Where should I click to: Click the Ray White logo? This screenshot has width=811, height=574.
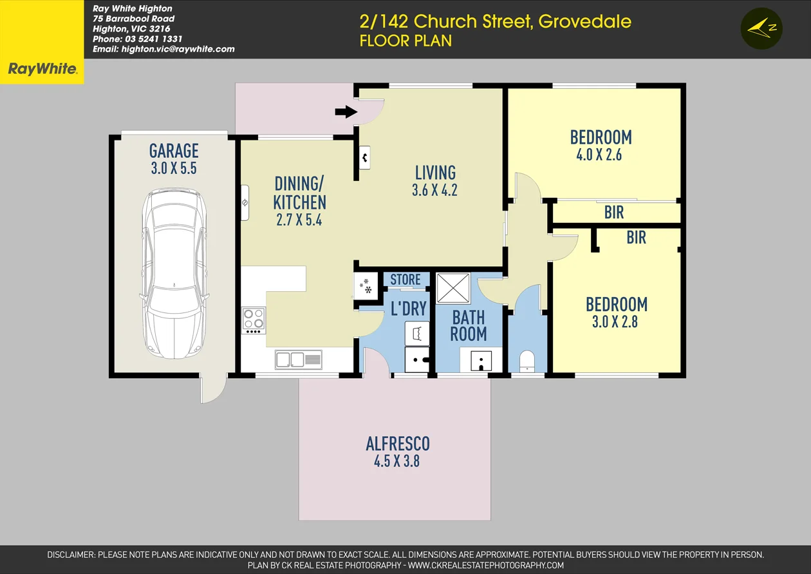point(42,68)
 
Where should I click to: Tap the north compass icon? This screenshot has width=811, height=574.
point(761,28)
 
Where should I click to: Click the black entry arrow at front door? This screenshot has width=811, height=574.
point(346,112)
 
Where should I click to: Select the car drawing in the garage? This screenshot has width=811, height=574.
point(174,274)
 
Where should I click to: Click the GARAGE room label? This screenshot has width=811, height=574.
point(174,151)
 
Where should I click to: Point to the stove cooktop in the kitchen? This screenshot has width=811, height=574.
point(254,319)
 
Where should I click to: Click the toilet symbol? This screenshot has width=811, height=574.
point(527,361)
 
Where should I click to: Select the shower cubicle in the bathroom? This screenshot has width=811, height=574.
point(453,288)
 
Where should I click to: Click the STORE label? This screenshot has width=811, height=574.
point(405,280)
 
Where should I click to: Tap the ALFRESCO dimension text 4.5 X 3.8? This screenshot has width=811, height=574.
point(397,461)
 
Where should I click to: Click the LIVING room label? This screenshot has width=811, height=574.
point(435,173)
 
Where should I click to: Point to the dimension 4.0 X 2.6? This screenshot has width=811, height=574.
point(600,155)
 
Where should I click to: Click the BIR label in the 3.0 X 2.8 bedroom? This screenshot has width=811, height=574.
point(636,238)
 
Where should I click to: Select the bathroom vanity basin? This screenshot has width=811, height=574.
point(481,361)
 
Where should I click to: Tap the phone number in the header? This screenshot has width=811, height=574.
point(138,39)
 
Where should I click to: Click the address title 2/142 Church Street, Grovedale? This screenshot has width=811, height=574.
point(495,21)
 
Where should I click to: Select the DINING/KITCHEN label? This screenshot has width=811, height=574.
point(299,193)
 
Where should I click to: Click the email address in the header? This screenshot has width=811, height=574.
point(163,49)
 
